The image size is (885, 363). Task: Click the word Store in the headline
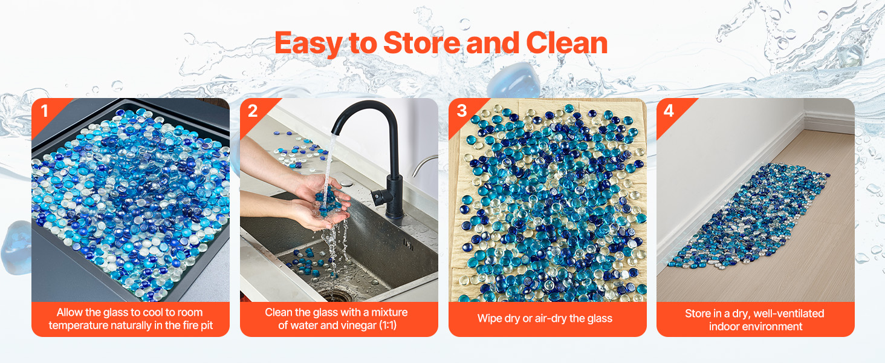click(x=421, y=43)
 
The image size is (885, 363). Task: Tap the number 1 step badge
click(x=45, y=111)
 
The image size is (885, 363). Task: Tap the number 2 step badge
click(x=253, y=111)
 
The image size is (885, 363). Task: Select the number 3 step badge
click(x=461, y=111)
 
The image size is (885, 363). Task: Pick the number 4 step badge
click(x=669, y=111)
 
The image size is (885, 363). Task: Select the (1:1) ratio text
click(x=387, y=325)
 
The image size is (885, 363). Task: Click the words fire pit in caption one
click(x=198, y=325)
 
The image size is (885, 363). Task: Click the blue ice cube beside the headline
click(x=514, y=80)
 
